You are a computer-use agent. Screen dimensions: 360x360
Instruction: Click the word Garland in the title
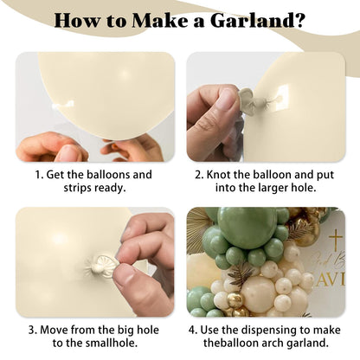253,20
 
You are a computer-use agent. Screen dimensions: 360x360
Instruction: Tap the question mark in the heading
301,20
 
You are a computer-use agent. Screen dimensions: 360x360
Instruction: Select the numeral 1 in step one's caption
37,175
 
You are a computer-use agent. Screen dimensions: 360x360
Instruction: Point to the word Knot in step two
219,175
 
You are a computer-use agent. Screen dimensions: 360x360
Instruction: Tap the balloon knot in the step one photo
62,105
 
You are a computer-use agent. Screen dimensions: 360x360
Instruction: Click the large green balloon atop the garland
247,226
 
